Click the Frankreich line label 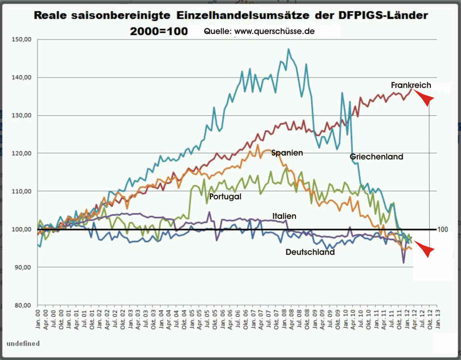(x=411, y=85)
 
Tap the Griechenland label (x=376, y=157)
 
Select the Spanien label (x=287, y=153)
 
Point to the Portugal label (x=225, y=197)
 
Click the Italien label (x=284, y=216)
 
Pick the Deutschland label (x=310, y=252)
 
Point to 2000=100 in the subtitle (x=159, y=31)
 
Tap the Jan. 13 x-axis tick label (x=437, y=319)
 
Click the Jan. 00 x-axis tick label (x=38, y=319)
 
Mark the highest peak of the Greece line (x=288, y=49)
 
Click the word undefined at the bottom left (x=23, y=344)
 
